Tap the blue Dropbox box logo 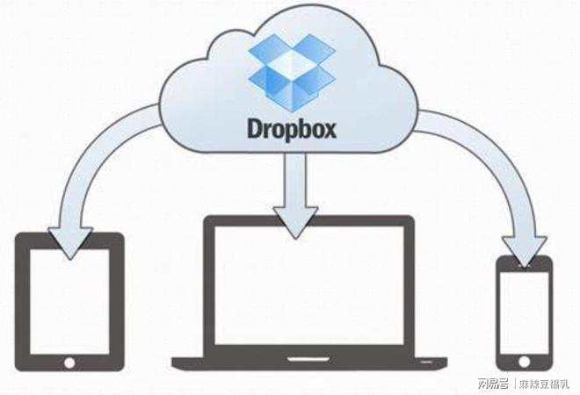point(292,73)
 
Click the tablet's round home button point(69,363)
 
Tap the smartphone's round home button point(524,362)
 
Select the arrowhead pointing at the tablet point(70,243)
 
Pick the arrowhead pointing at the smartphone point(525,250)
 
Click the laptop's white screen point(309,285)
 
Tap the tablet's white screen point(69,301)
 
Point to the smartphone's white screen point(524,313)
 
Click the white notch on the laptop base point(308,359)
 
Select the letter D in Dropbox point(255,128)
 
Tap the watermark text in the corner point(523,384)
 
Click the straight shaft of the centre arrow point(295,180)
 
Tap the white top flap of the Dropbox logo point(292,61)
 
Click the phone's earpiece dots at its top point(524,265)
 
